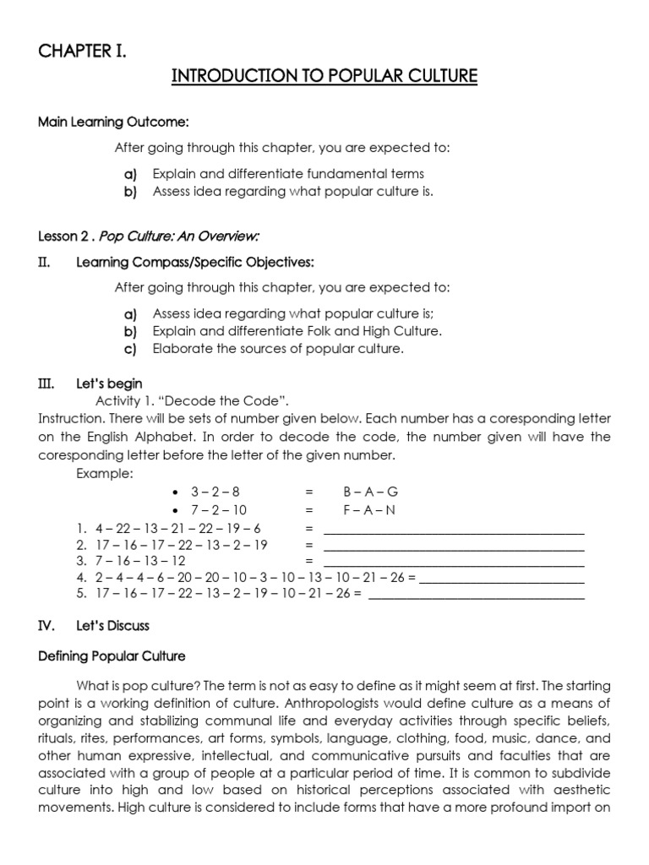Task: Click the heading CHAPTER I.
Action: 82,52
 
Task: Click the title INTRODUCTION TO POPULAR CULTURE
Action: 324,77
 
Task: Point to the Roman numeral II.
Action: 46,263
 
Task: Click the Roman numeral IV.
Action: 46,626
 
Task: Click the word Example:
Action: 105,473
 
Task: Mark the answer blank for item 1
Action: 454,530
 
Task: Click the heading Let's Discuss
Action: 112,626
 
